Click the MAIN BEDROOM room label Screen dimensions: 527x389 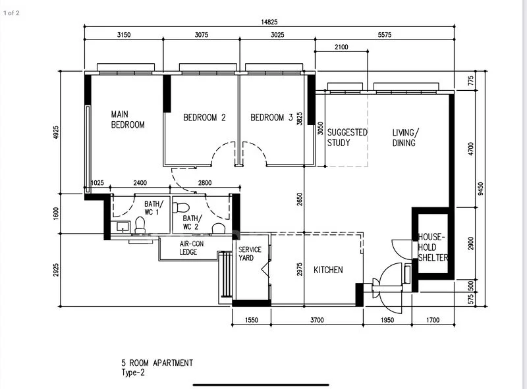(128, 120)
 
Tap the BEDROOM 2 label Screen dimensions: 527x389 (204, 118)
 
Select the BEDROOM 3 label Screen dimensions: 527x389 (271, 118)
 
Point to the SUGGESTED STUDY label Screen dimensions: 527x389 (347, 138)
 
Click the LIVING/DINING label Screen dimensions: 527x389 (405, 138)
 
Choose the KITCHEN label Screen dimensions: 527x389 (328, 270)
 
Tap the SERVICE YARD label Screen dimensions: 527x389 (250, 253)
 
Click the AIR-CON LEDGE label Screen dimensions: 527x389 (191, 248)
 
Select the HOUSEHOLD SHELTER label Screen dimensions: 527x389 (433, 247)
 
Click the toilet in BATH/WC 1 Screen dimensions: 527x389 (140, 225)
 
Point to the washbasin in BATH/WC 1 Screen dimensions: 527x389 (123, 226)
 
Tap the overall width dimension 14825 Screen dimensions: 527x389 (269, 22)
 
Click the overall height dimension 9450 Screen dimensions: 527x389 (481, 188)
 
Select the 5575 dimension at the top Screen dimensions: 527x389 (385, 35)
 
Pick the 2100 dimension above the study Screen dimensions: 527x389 (341, 47)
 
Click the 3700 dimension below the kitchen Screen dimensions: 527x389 (317, 320)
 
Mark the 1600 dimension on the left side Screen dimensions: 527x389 (56, 214)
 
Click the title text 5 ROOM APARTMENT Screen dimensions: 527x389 (157, 363)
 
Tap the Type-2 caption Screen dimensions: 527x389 (133, 373)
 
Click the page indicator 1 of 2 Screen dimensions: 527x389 (11, 13)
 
